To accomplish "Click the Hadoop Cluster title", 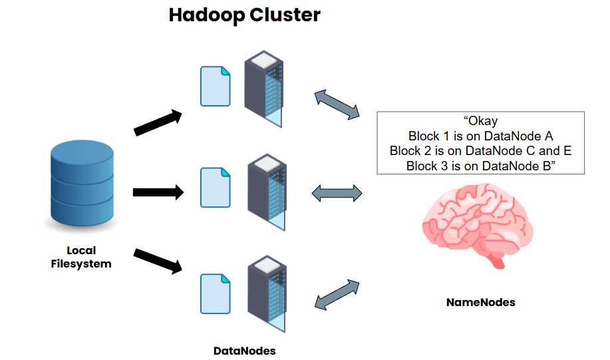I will click(244, 15).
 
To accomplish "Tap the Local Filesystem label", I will click(81, 257).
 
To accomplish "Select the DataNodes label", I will click(244, 350).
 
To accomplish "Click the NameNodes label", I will click(480, 302).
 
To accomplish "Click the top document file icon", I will click(216, 86).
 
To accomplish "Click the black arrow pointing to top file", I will click(158, 122).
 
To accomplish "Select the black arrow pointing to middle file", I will click(158, 193).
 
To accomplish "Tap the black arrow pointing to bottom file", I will click(158, 261).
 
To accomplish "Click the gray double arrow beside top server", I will click(336, 104).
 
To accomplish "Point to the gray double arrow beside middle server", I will click(337, 194).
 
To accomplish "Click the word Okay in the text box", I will click(481, 121).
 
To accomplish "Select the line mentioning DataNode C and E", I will click(480, 150).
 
